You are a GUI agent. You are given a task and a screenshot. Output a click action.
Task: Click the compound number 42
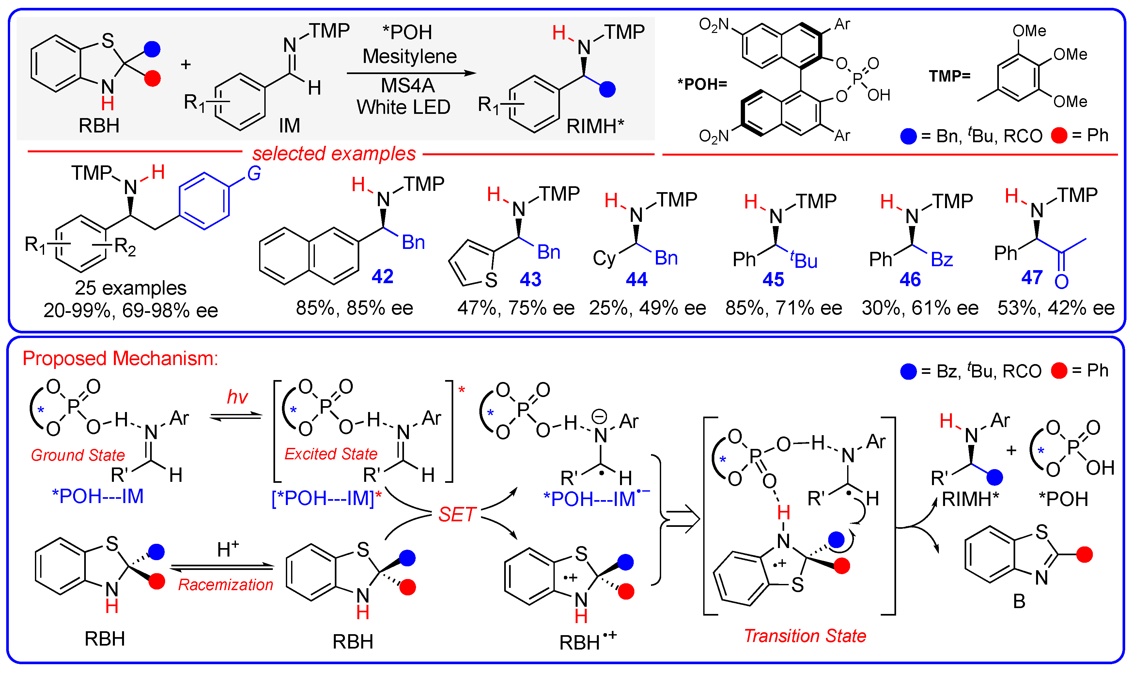tap(382, 276)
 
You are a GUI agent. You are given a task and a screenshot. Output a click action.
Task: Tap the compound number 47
tap(1032, 277)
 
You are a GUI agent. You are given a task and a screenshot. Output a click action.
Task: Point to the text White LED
tap(403, 107)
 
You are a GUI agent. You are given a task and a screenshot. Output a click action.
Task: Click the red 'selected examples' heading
tap(334, 154)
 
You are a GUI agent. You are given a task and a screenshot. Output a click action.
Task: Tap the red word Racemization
tap(225, 585)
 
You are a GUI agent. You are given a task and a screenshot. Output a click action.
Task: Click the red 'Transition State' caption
tap(805, 636)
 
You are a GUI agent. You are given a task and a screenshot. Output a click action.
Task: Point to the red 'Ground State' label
tap(78, 455)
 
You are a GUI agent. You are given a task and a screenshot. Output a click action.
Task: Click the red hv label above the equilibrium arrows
tap(237, 398)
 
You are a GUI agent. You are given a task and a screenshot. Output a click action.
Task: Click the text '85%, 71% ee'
tap(783, 308)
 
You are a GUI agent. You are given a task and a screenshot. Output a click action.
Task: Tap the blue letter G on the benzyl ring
tap(254, 173)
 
